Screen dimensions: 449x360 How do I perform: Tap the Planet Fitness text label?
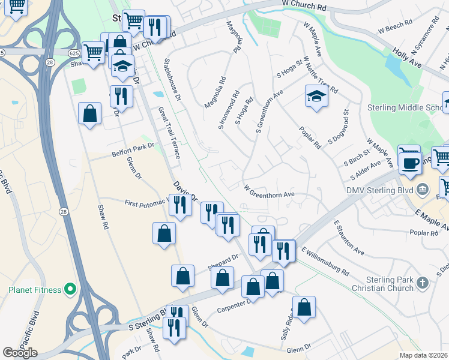[35, 290]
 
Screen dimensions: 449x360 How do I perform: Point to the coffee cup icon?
[411, 163]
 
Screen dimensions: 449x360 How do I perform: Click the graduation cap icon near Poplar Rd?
[315, 95]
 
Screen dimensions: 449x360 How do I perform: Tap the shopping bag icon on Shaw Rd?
[89, 113]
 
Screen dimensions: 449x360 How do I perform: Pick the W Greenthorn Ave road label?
[269, 194]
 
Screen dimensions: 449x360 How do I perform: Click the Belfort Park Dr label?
[133, 149]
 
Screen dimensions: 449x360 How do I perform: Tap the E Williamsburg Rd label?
[326, 260]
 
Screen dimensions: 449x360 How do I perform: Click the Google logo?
[20, 353]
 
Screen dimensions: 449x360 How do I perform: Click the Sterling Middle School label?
[406, 108]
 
